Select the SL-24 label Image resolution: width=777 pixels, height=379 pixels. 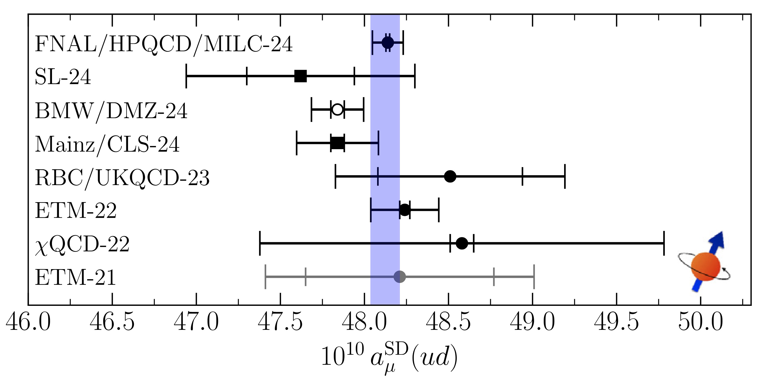click(63, 77)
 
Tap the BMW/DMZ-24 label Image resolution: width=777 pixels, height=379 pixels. click(111, 111)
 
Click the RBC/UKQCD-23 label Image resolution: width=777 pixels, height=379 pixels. click(122, 178)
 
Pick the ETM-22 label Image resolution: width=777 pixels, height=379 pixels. click(76, 211)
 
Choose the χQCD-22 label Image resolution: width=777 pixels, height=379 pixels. click(82, 245)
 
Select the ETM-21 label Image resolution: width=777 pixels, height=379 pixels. click(76, 278)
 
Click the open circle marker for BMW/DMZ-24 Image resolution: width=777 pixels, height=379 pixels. click(337, 109)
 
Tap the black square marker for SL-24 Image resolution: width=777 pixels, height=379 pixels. click(300, 76)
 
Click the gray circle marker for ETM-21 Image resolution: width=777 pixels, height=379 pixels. click(400, 276)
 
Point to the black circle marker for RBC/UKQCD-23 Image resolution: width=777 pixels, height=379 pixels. click(450, 176)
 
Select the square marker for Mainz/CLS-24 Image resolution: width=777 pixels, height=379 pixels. click(338, 143)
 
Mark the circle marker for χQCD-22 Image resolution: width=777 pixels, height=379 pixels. click(462, 243)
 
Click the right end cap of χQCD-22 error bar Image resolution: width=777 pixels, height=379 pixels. click(664, 243)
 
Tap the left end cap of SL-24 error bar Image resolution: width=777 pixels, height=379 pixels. click(186, 76)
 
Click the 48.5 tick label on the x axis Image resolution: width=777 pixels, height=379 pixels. click(448, 322)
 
